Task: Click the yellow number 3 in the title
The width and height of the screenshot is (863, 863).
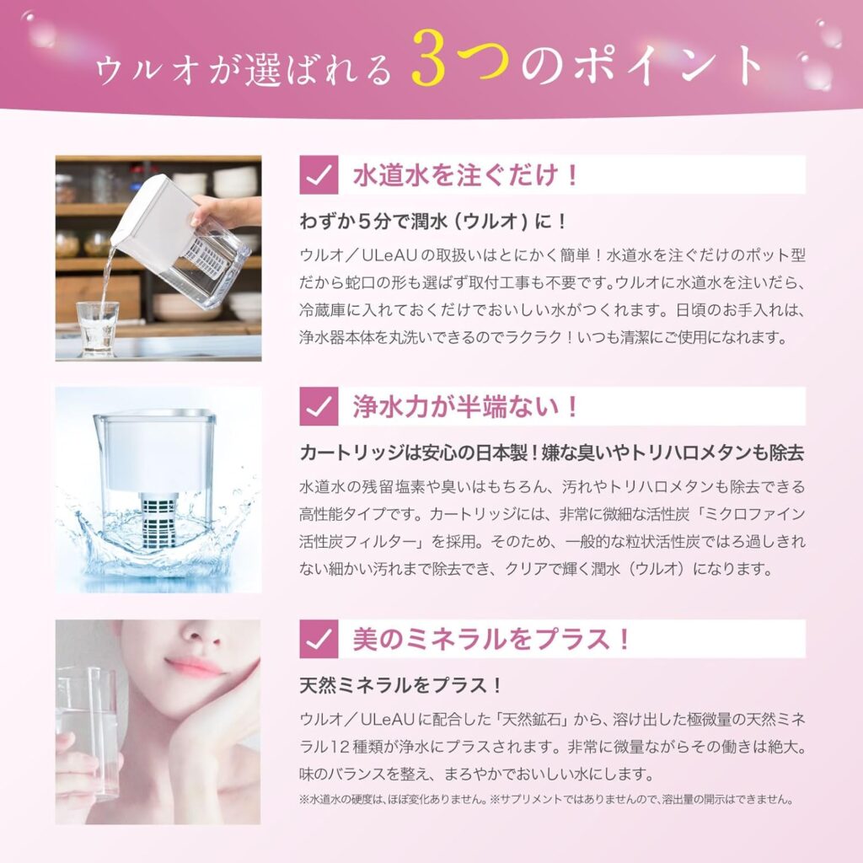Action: (428, 60)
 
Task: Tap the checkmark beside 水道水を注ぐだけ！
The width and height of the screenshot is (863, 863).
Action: (319, 174)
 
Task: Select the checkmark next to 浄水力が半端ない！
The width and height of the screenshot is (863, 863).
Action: (319, 406)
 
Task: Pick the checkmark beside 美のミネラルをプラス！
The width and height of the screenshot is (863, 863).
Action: (319, 639)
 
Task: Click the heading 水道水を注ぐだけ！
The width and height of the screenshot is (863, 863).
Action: (465, 175)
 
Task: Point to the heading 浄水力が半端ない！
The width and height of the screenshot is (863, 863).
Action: (465, 407)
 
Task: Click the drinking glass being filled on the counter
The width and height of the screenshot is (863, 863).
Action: (98, 329)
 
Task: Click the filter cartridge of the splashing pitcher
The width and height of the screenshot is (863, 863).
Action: (159, 519)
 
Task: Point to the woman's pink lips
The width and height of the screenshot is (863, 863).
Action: (196, 667)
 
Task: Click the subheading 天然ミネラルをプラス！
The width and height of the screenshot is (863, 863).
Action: (400, 685)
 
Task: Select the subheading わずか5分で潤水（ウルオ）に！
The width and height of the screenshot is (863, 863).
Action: (433, 222)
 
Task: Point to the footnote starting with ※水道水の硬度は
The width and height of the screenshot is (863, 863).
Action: (546, 799)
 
